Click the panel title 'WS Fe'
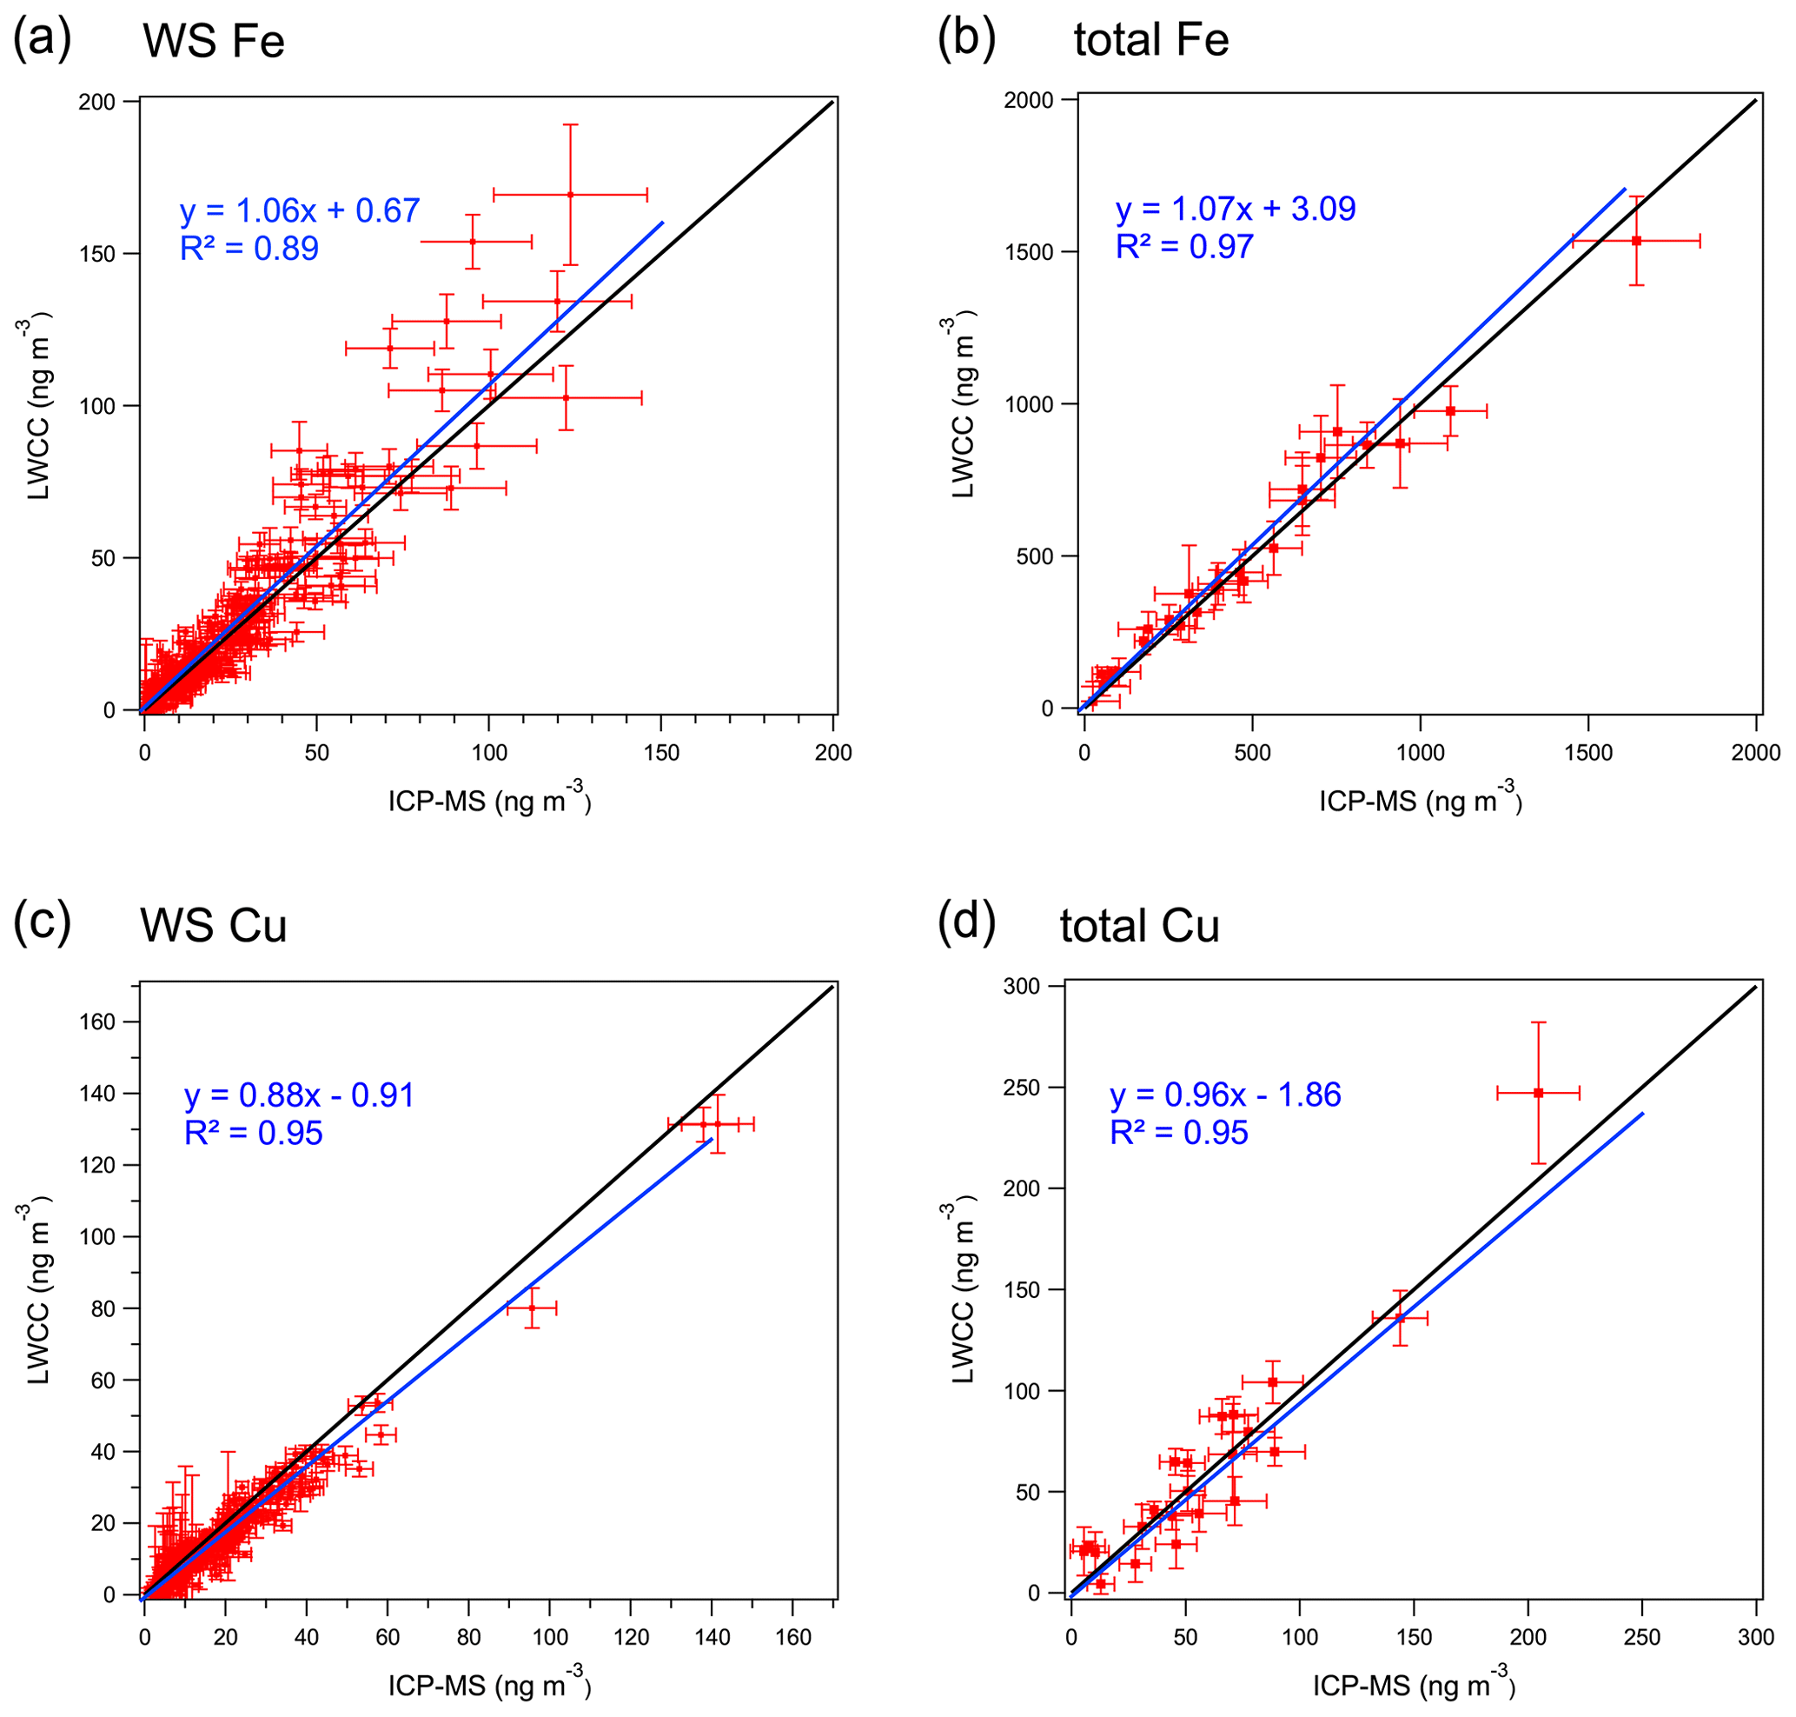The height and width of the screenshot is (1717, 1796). [213, 42]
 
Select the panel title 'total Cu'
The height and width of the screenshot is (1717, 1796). [1139, 926]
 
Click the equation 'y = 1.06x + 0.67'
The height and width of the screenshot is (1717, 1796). [299, 210]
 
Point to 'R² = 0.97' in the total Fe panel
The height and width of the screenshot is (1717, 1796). [1184, 247]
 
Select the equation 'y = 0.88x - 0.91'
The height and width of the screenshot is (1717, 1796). [299, 1095]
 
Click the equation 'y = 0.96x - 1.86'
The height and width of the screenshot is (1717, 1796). [1225, 1095]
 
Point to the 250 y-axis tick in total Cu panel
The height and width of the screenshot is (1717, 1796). [1023, 1088]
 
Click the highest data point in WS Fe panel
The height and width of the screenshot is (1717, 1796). [570, 195]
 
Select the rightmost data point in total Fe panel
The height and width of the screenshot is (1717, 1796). [1636, 241]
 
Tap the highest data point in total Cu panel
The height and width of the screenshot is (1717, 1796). [1538, 1093]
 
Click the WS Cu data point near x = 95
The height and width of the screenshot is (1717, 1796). [533, 1308]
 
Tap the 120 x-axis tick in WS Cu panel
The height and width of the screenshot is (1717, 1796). [631, 1637]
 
